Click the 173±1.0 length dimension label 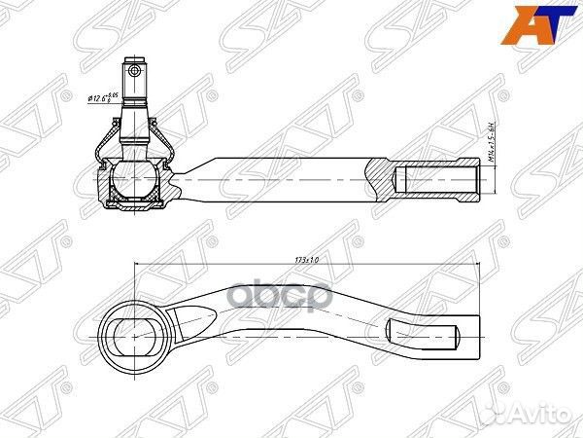point(307,260)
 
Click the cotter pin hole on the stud point(136,69)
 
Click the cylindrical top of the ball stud point(135,74)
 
